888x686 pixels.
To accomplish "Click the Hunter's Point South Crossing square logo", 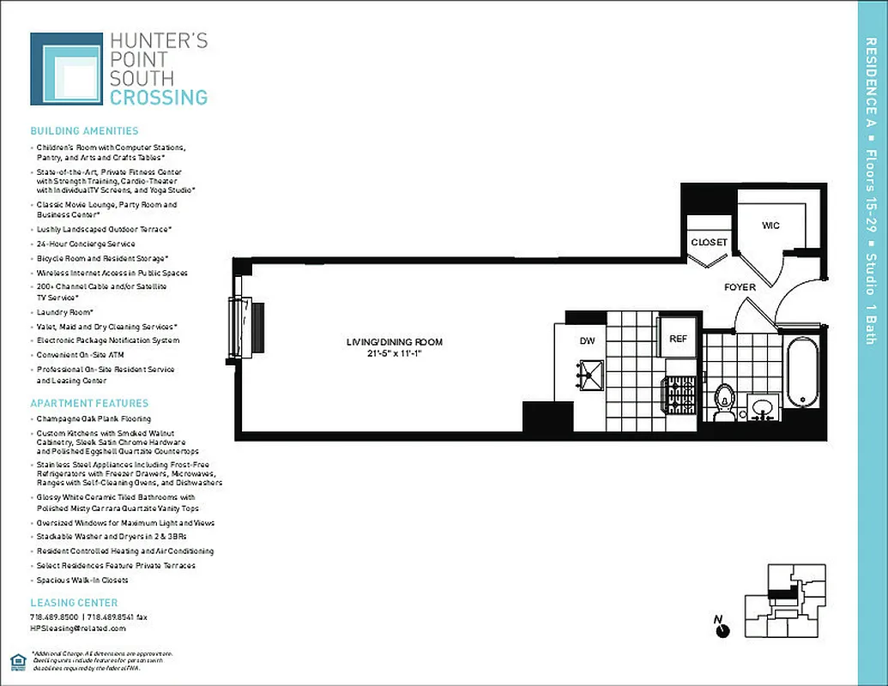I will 66,69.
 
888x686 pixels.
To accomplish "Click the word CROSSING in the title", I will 158,97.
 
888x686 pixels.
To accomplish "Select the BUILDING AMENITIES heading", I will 84,131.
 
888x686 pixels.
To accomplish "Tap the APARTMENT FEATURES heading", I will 89,403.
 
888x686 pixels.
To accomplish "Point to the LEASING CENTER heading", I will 74,603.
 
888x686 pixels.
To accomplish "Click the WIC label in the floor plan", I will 770,225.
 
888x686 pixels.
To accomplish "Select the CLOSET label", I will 709,243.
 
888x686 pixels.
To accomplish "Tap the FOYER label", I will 740,287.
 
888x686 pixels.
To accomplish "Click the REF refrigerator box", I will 678,338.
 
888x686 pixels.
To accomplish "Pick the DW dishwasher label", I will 587,340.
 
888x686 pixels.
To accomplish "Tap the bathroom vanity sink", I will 761,405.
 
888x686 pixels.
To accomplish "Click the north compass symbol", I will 722,630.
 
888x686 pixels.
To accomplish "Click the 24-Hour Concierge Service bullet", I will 86,244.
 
